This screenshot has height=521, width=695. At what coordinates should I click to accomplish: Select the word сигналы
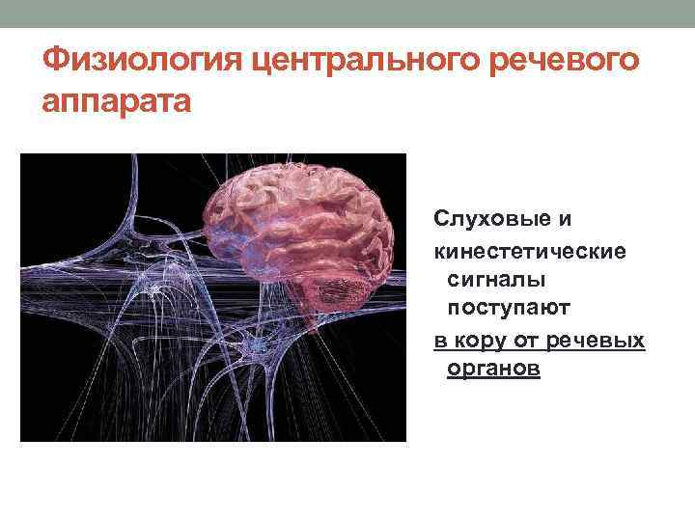point(496,279)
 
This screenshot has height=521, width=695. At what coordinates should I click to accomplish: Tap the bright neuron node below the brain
point(259,343)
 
